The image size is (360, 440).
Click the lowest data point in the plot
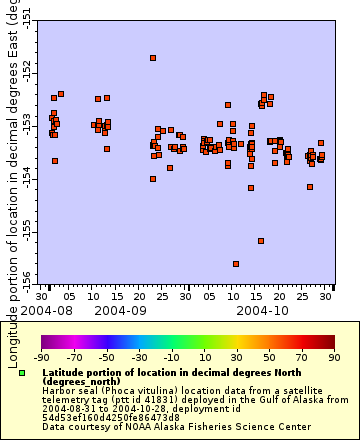point(236,264)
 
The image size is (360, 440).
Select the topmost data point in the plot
point(153,58)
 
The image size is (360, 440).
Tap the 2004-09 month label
point(120,311)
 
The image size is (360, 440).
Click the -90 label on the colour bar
point(42,356)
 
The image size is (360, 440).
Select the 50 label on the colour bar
point(270,356)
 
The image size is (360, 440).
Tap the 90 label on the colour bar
point(334,356)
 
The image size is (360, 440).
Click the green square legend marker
point(22,373)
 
